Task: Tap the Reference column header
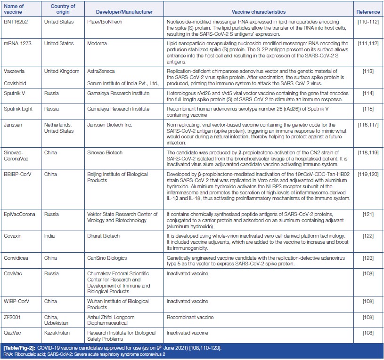[x=368, y=11]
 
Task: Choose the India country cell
[x=49, y=235]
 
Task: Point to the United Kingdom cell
[x=61, y=71]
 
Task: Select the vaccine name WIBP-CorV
[x=16, y=301]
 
